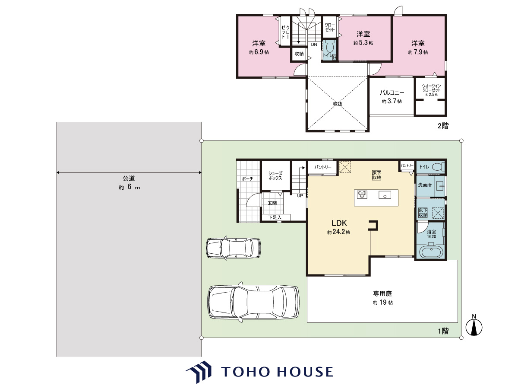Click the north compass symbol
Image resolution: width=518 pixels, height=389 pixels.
(x=474, y=327)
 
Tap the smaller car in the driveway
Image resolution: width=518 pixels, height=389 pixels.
(x=234, y=248)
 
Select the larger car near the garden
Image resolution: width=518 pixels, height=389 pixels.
(x=253, y=302)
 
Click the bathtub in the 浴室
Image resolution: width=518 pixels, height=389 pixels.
(x=431, y=252)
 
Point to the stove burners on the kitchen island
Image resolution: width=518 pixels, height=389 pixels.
(x=362, y=194)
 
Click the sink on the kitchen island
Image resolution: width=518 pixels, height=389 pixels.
(x=385, y=195)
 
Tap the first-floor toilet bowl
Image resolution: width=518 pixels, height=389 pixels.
(x=439, y=167)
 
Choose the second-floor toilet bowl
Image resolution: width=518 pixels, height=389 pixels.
(x=329, y=47)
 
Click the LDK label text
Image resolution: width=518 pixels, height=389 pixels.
(x=339, y=223)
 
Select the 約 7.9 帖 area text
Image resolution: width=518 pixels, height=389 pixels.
(x=418, y=52)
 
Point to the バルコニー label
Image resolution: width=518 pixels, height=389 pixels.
(x=392, y=92)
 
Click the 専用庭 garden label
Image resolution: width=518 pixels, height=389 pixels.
(x=382, y=293)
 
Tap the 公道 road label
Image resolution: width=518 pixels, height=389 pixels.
(x=129, y=178)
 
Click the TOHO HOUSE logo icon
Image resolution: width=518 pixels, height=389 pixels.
(x=198, y=372)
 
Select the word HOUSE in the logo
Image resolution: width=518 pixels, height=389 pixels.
(x=305, y=372)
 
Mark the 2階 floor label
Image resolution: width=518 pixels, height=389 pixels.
(x=443, y=126)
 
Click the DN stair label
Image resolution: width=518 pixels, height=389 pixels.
(x=314, y=45)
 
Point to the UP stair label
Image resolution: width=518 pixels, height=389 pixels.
(x=300, y=195)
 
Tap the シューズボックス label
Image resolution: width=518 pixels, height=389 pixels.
(x=275, y=176)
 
